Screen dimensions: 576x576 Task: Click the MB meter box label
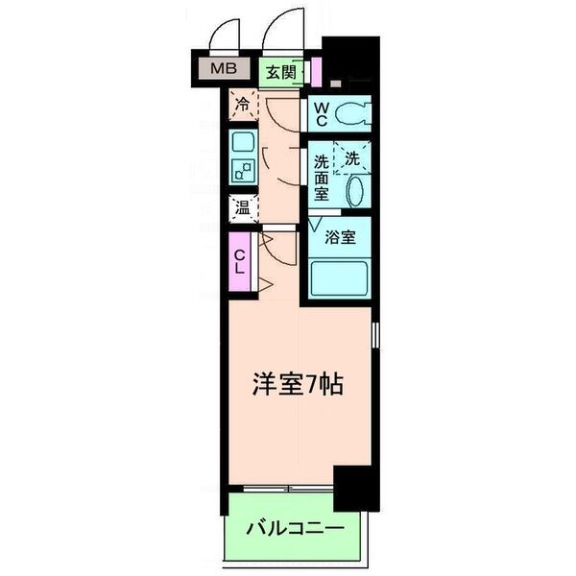pyautogui.click(x=223, y=69)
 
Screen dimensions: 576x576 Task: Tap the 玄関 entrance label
pyautogui.click(x=280, y=70)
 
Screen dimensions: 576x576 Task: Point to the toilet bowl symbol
pyautogui.click(x=352, y=114)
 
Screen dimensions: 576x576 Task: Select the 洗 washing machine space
pyautogui.click(x=352, y=156)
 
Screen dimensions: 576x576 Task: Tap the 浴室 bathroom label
pyautogui.click(x=341, y=237)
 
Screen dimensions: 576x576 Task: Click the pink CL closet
pyautogui.click(x=239, y=261)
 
